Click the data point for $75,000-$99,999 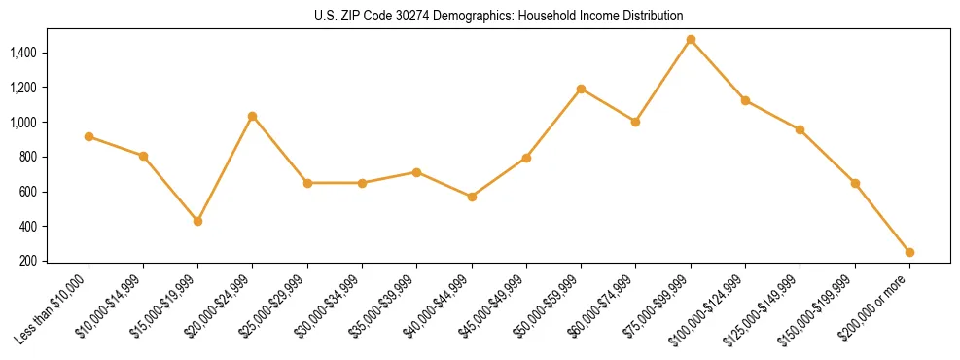pos(691,40)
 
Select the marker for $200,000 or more pos(909,252)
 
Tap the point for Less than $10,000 pos(89,136)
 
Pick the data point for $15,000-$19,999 pos(198,221)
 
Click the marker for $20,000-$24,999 pos(253,116)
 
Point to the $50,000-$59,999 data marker pos(581,89)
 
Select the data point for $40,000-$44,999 pos(472,197)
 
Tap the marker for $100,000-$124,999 pos(745,100)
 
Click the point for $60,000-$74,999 pos(635,122)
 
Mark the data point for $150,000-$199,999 pos(855,183)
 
